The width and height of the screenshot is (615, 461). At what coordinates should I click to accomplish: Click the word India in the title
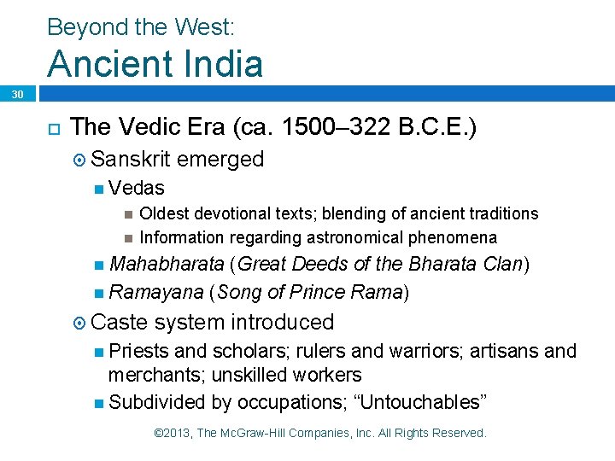point(219,64)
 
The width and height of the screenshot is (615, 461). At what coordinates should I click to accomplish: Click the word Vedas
point(137,188)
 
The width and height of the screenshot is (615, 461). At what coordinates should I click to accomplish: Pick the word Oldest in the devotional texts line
point(163,213)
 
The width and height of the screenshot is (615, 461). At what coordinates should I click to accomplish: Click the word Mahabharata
point(168,265)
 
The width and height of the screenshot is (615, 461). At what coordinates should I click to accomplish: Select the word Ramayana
point(155,293)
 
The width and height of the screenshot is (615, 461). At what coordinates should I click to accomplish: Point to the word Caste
point(119,322)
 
